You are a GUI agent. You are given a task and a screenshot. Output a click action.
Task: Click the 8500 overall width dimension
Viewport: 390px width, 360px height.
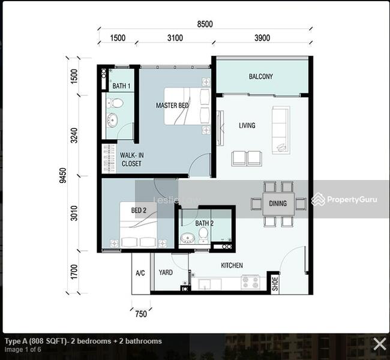click(205, 24)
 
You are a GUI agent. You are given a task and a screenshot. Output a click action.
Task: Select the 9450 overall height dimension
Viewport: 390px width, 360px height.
click(63, 175)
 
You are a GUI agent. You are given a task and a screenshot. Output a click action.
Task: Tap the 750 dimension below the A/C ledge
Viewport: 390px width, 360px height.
click(141, 314)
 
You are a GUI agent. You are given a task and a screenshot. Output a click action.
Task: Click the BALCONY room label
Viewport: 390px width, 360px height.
click(261, 76)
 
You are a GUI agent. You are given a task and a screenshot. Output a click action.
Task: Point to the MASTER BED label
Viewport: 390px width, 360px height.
click(172, 106)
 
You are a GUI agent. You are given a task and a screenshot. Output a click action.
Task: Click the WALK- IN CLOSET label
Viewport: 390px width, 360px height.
click(131, 160)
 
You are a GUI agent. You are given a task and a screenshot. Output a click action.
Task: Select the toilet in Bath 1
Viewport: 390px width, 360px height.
click(115, 103)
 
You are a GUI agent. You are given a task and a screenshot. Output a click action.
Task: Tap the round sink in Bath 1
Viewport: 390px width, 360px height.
click(112, 120)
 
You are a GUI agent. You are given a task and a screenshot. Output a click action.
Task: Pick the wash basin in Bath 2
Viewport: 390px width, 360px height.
click(187, 238)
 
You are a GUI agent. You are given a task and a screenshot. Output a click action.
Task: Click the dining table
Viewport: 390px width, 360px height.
click(278, 204)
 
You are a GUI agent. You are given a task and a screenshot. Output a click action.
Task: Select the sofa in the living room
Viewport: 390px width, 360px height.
click(281, 130)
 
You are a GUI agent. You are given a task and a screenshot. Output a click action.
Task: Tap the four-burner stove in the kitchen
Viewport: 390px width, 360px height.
click(251, 282)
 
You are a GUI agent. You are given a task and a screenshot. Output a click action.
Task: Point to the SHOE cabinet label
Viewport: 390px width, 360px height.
click(275, 284)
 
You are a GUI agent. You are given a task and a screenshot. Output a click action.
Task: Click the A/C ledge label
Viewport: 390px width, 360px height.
click(140, 273)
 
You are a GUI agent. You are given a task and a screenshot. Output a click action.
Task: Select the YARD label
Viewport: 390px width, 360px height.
click(166, 272)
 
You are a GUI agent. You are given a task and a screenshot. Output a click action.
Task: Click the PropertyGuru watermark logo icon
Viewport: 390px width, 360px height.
click(318, 199)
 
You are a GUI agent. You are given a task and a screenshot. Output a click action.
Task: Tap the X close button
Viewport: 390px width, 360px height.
click(380, 344)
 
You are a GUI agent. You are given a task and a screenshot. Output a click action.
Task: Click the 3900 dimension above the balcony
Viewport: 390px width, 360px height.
click(262, 38)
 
